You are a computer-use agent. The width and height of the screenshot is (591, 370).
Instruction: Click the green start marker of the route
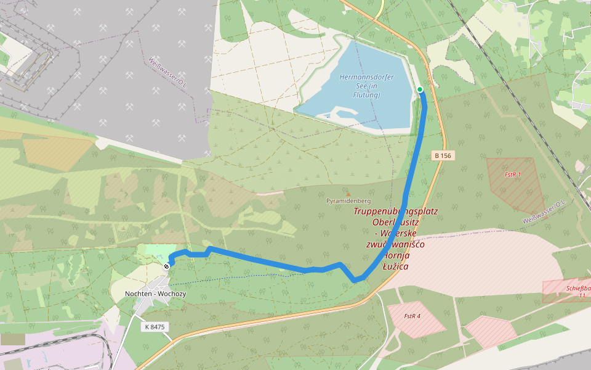pos(420,90)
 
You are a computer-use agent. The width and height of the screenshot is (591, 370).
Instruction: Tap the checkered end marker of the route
pos(166,266)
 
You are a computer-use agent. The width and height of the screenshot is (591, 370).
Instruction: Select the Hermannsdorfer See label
pos(366,81)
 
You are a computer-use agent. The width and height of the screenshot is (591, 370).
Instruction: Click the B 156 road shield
pos(441,155)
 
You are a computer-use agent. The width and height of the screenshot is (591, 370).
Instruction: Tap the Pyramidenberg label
pos(348,201)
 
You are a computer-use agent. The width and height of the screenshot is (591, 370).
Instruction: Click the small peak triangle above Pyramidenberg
pos(347,194)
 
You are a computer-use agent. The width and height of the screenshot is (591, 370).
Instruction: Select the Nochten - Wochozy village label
pos(155,294)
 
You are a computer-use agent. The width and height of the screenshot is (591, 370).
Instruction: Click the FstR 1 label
pos(512,175)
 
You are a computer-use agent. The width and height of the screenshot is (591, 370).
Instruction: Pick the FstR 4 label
pos(412,316)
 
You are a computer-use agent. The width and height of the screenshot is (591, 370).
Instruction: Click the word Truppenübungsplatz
pos(395,211)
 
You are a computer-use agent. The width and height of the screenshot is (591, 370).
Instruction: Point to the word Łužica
pos(395,266)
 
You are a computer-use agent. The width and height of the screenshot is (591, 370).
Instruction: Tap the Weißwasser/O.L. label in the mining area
pos(167,73)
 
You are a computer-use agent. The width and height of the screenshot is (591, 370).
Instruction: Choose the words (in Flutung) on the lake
pos(366,95)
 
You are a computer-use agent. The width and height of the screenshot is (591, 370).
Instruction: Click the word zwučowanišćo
pos(395,244)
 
